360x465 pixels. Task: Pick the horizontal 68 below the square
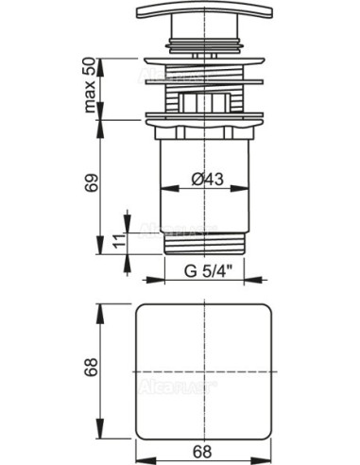[203, 451]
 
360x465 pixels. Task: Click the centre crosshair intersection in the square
[203, 367]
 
